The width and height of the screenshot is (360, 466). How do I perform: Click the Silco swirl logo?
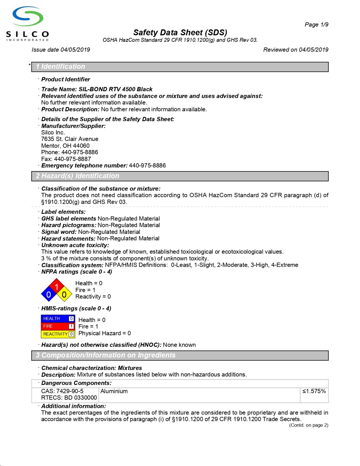pyautogui.click(x=28, y=17)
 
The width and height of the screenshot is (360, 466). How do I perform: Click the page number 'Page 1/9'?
pyautogui.click(x=316, y=24)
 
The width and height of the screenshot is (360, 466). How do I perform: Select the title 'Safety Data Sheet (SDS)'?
pyautogui.click(x=180, y=32)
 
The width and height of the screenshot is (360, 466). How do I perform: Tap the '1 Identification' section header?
pyautogui.click(x=61, y=67)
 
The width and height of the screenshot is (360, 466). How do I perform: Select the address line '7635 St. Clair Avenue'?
pyautogui.click(x=70, y=139)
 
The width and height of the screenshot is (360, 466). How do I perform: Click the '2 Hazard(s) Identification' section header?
pyautogui.click(x=77, y=176)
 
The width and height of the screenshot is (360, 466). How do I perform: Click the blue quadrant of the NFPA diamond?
pyautogui.click(x=49, y=294)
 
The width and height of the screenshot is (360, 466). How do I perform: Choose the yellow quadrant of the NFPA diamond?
pyautogui.click(x=64, y=294)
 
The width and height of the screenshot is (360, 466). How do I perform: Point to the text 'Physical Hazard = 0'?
pyautogui.click(x=105, y=333)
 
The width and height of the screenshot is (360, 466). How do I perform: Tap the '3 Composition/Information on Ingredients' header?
pyautogui.click(x=106, y=355)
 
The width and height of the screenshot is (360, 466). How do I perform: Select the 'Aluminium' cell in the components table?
pyautogui.click(x=114, y=391)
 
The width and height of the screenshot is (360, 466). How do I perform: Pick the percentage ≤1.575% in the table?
pyautogui.click(x=314, y=391)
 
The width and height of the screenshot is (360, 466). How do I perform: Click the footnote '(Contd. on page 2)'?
pyautogui.click(x=308, y=425)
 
